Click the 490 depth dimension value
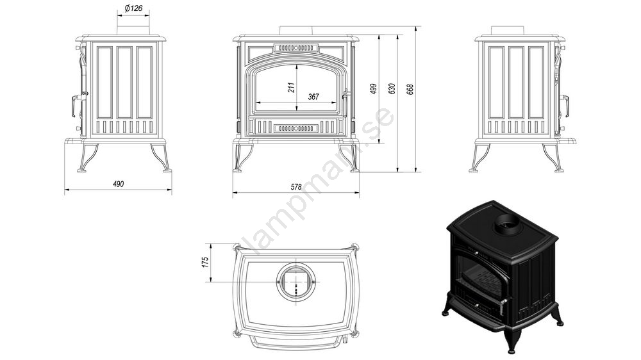[x=118, y=184]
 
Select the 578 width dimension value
[x=296, y=187]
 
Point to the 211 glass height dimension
[x=291, y=88]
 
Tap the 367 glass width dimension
[x=313, y=97]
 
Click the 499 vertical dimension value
[x=373, y=89]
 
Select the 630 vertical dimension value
[x=392, y=89]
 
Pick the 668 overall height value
[x=410, y=89]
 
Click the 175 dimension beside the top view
[x=205, y=261]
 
